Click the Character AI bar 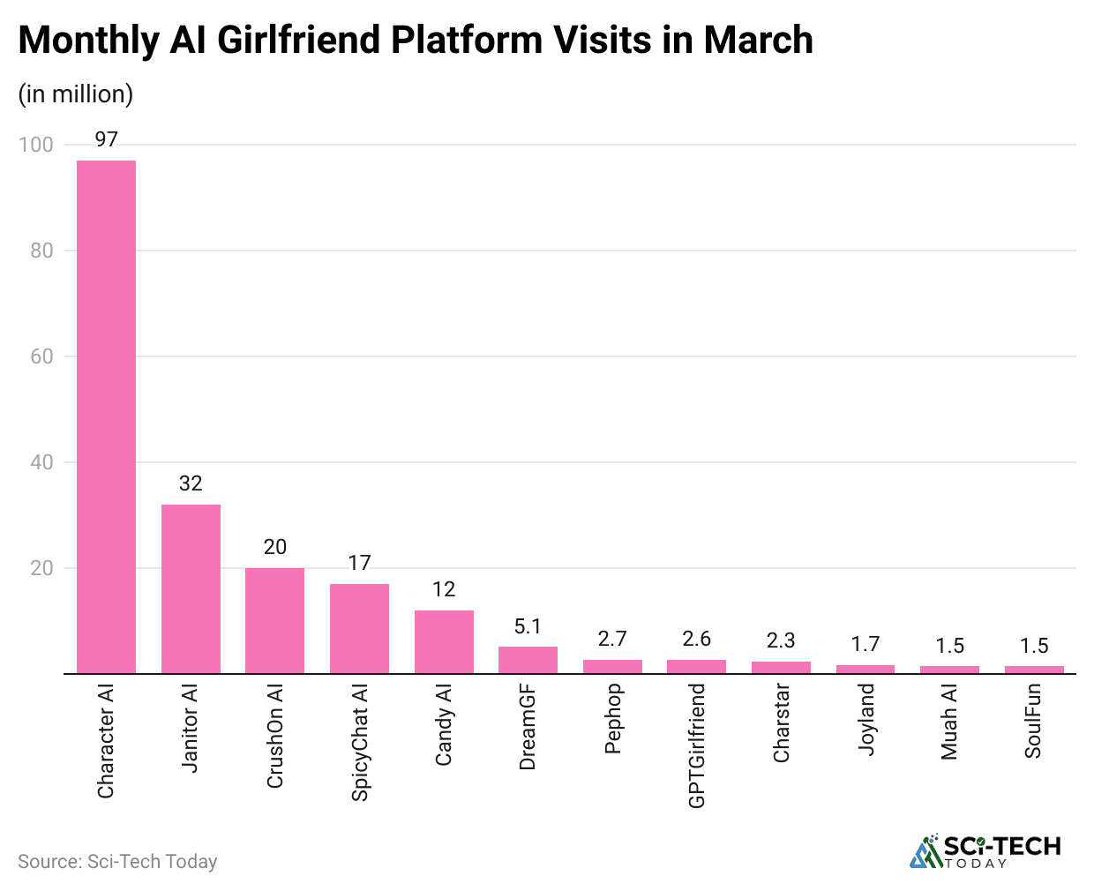coord(106,416)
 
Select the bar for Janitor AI coord(191,588)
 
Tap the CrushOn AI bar coord(274,620)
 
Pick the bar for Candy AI coord(444,641)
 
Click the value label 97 coord(106,139)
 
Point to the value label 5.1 coord(528,626)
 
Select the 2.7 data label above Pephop coord(612,639)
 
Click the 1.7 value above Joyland coord(865,644)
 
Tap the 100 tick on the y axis coord(36,145)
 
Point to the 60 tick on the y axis coord(41,356)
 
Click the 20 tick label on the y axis coord(41,568)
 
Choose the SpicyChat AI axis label coord(360,742)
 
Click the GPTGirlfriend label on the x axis coord(697,745)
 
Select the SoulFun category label coord(1034,721)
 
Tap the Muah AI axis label coord(949,722)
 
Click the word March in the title coord(758,41)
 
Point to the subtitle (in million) coord(76,94)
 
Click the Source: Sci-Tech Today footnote coord(117,861)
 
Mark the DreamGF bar coord(528,660)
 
